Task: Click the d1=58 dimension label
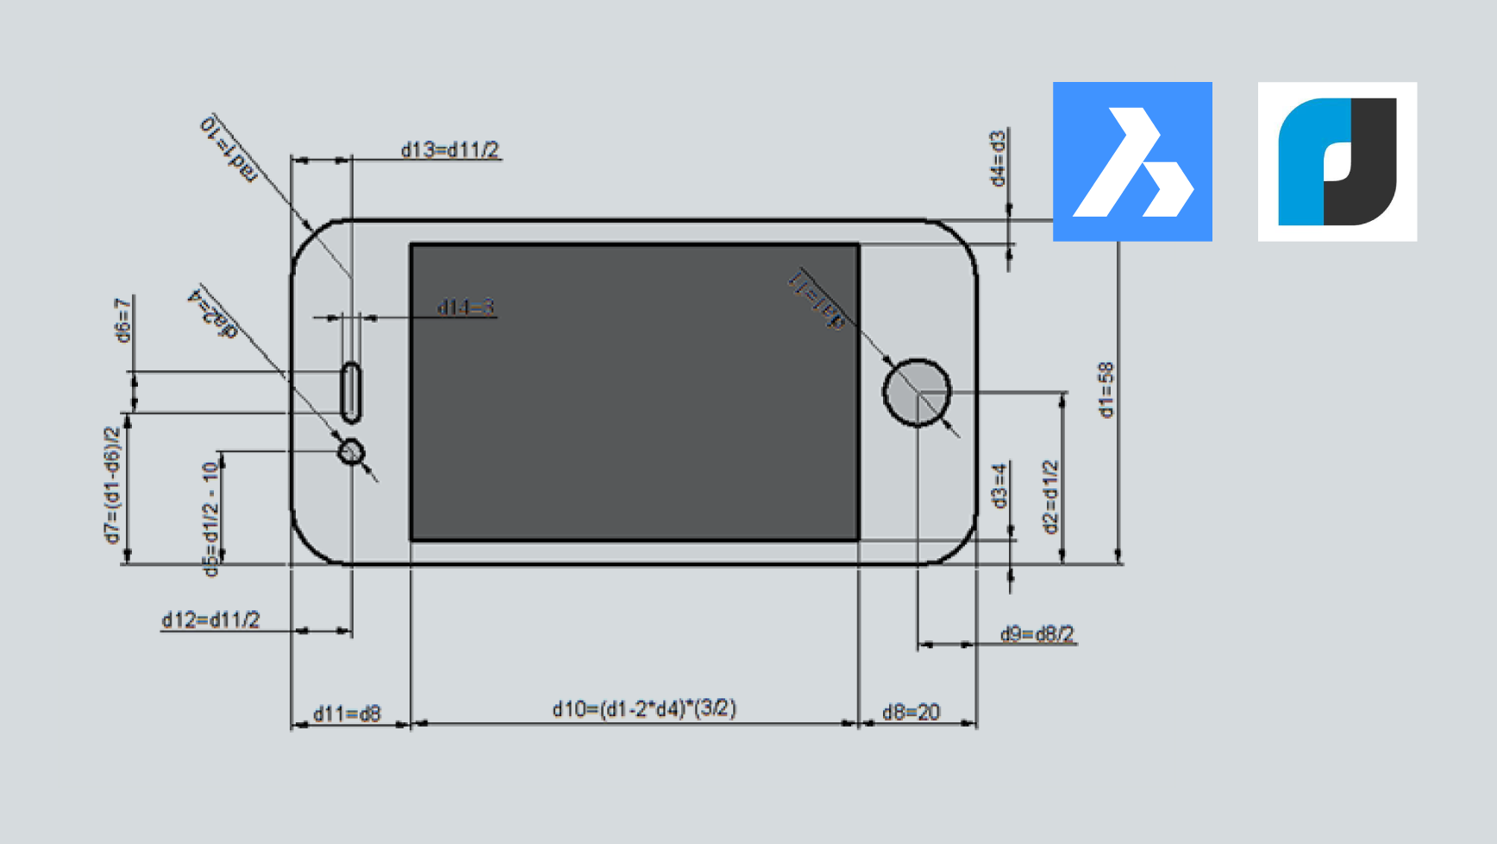pyautogui.click(x=1106, y=390)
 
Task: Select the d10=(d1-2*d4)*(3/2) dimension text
pyautogui.click(x=644, y=709)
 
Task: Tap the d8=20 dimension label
pyautogui.click(x=911, y=712)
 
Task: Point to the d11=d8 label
pyautogui.click(x=346, y=714)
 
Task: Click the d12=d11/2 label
pyautogui.click(x=210, y=620)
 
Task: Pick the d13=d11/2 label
pyautogui.click(x=449, y=149)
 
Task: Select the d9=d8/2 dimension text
pyautogui.click(x=1037, y=634)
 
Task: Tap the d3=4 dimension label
pyautogui.click(x=999, y=486)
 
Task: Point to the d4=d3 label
pyautogui.click(x=998, y=159)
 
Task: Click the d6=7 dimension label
pyautogui.click(x=123, y=320)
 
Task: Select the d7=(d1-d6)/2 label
pyautogui.click(x=112, y=486)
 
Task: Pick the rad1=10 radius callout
pyautogui.click(x=229, y=148)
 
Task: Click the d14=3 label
pyautogui.click(x=466, y=307)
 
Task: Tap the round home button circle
pyautogui.click(x=917, y=393)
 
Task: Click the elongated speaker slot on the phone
pyautogui.click(x=351, y=393)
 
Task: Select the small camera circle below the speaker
pyautogui.click(x=351, y=451)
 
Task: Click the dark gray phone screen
pyautogui.click(x=635, y=393)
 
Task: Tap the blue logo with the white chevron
pyautogui.click(x=1132, y=161)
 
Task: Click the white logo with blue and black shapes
pyautogui.click(x=1337, y=161)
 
